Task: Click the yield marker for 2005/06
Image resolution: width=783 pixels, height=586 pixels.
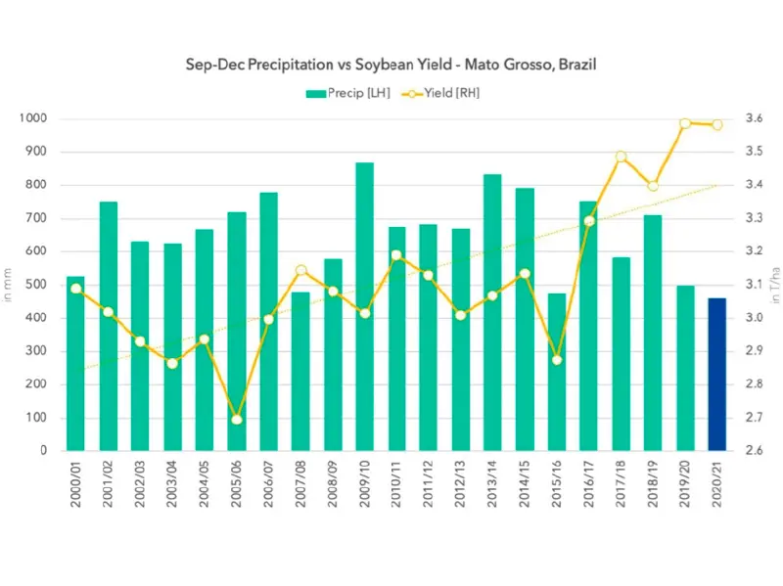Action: pyautogui.click(x=236, y=420)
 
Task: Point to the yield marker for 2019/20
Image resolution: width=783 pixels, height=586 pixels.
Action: pyautogui.click(x=685, y=123)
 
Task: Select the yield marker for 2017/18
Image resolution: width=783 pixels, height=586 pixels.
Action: pyautogui.click(x=621, y=157)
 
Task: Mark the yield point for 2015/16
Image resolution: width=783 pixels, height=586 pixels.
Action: pyautogui.click(x=557, y=360)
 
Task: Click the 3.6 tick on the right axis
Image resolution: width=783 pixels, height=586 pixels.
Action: pyautogui.click(x=755, y=118)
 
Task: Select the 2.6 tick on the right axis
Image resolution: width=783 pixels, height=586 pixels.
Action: pyautogui.click(x=755, y=451)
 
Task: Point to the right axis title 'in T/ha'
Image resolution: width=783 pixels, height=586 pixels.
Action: pyautogui.click(x=775, y=285)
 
